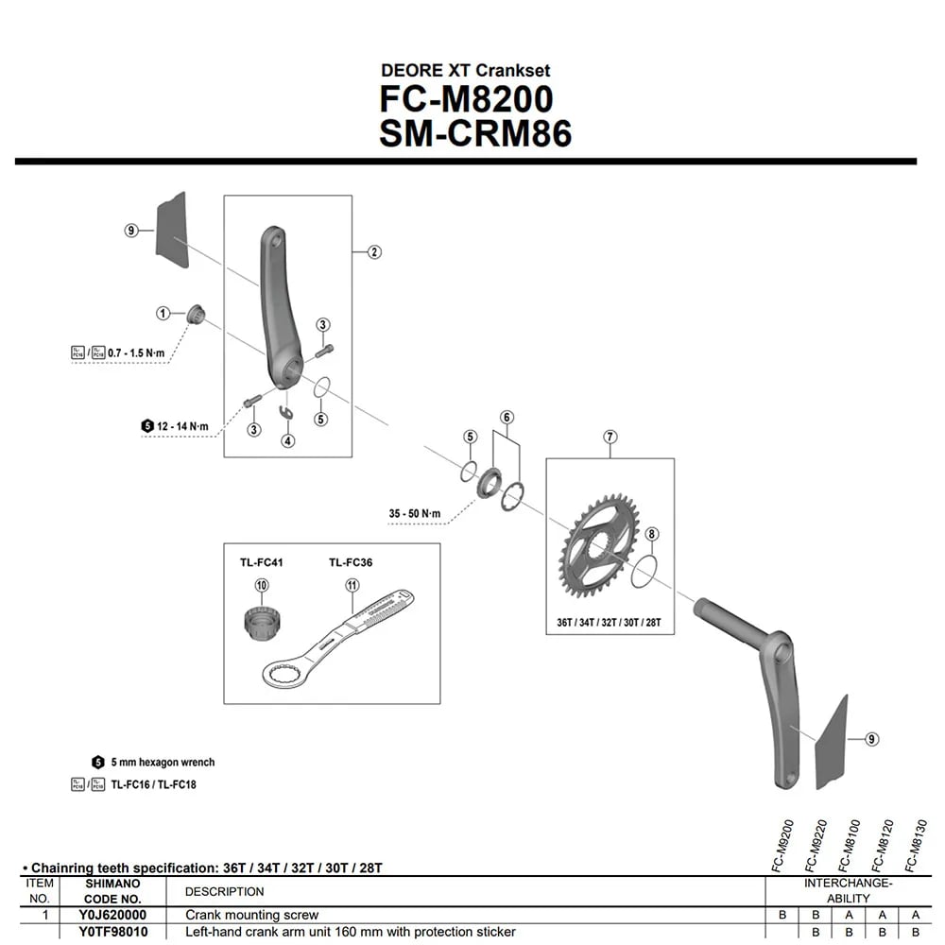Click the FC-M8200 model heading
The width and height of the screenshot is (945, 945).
(466, 99)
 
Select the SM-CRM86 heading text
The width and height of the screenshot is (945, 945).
(475, 133)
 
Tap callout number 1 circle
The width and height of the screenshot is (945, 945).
(163, 313)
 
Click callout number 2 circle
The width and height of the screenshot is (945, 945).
(374, 252)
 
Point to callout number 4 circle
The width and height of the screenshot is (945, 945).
(287, 439)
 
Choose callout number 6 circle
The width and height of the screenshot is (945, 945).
(507, 418)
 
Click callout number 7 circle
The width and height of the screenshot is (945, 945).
(610, 437)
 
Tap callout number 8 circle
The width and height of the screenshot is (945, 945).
(652, 535)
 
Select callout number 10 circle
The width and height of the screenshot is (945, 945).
(262, 586)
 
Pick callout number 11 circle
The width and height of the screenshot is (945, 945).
(352, 586)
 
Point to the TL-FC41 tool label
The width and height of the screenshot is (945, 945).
(261, 562)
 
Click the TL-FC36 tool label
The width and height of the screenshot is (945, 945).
(351, 562)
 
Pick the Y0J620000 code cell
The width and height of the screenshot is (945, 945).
(112, 915)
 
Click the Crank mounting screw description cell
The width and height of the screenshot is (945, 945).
(252, 915)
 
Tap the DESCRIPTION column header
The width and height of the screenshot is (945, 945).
(225, 891)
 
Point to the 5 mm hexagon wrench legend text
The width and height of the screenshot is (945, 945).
(163, 762)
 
